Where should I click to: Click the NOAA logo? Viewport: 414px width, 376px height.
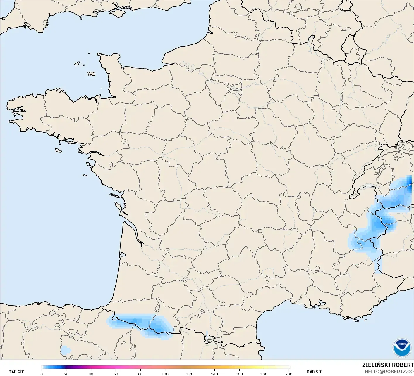click(x=402, y=347)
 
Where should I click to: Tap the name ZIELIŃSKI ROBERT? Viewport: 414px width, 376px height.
click(x=388, y=365)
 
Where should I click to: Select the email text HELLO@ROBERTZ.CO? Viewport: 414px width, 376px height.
click(x=389, y=372)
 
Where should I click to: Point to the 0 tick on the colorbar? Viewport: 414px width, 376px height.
click(x=42, y=374)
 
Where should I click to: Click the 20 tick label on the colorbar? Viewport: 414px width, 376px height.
click(x=66, y=374)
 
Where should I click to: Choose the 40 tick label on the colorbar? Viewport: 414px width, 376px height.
click(x=91, y=374)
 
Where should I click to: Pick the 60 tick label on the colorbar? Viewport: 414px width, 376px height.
click(x=116, y=374)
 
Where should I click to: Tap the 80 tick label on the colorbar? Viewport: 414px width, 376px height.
click(x=140, y=374)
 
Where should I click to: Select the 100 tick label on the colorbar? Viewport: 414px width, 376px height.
click(x=165, y=374)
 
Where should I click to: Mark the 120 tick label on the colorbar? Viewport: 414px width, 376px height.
click(x=190, y=374)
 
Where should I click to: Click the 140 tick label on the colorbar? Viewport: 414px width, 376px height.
click(x=214, y=374)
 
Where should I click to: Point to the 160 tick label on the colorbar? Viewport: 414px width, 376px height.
click(x=239, y=374)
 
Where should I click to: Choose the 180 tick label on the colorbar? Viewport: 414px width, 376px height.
click(x=264, y=374)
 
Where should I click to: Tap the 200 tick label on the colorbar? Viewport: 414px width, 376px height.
click(x=288, y=374)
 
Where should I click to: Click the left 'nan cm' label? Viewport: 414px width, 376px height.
click(x=16, y=371)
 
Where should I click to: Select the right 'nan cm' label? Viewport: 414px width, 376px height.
click(x=315, y=371)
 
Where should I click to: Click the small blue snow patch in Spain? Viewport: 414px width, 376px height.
click(x=65, y=350)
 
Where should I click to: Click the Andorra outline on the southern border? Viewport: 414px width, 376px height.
click(x=209, y=339)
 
